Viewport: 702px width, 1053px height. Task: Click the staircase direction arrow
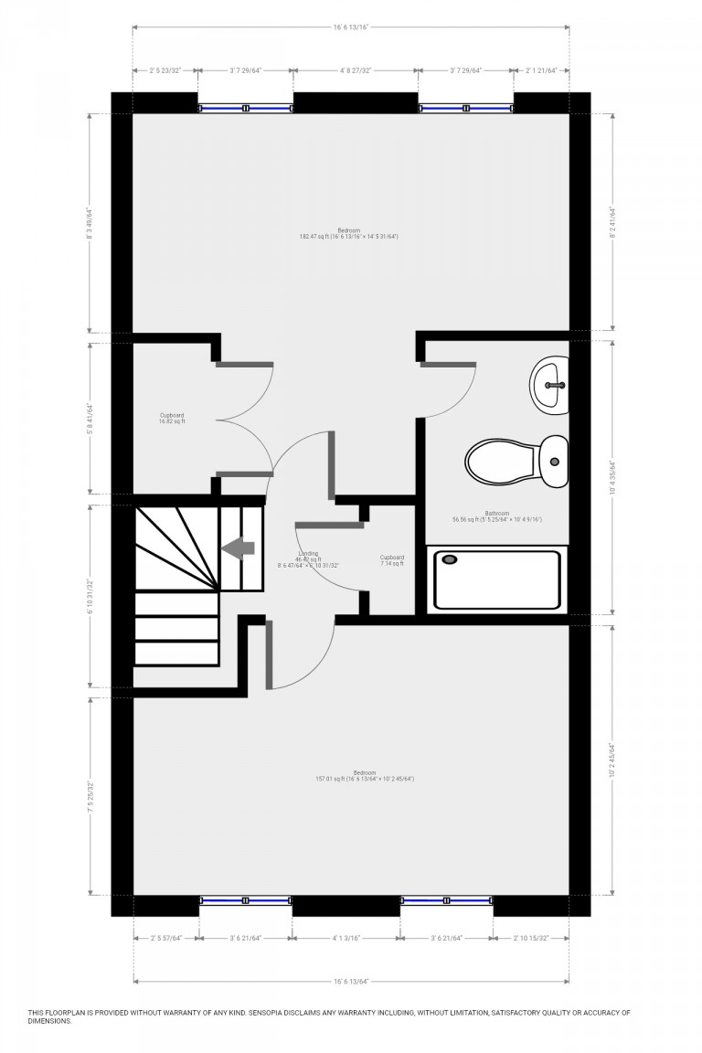point(239,548)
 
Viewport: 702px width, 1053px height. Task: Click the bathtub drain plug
point(449,559)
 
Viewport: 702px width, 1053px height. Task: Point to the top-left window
point(246,108)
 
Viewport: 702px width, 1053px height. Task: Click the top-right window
point(465,108)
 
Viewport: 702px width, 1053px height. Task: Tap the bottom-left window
point(246,901)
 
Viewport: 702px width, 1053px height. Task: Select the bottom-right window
point(447,901)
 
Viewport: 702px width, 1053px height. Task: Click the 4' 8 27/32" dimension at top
point(356,69)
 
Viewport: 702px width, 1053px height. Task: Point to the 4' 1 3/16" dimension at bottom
point(346,937)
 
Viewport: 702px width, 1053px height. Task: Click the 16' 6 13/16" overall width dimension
point(351,27)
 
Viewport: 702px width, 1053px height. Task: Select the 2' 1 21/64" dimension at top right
point(547,69)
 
